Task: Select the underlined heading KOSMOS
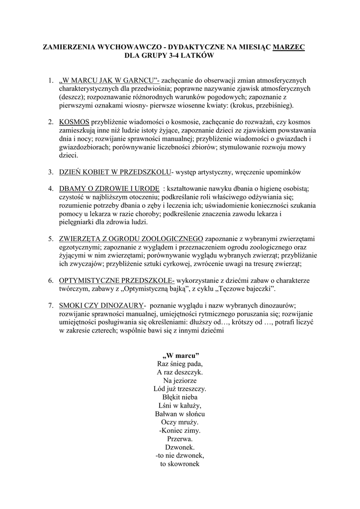(x=75, y=122)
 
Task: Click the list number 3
(x=51, y=172)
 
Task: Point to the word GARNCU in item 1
(x=137, y=81)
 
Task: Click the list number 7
(x=51, y=305)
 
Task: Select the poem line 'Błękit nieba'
(x=180, y=397)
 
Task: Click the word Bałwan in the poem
(x=167, y=414)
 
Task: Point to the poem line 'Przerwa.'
(x=180, y=439)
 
